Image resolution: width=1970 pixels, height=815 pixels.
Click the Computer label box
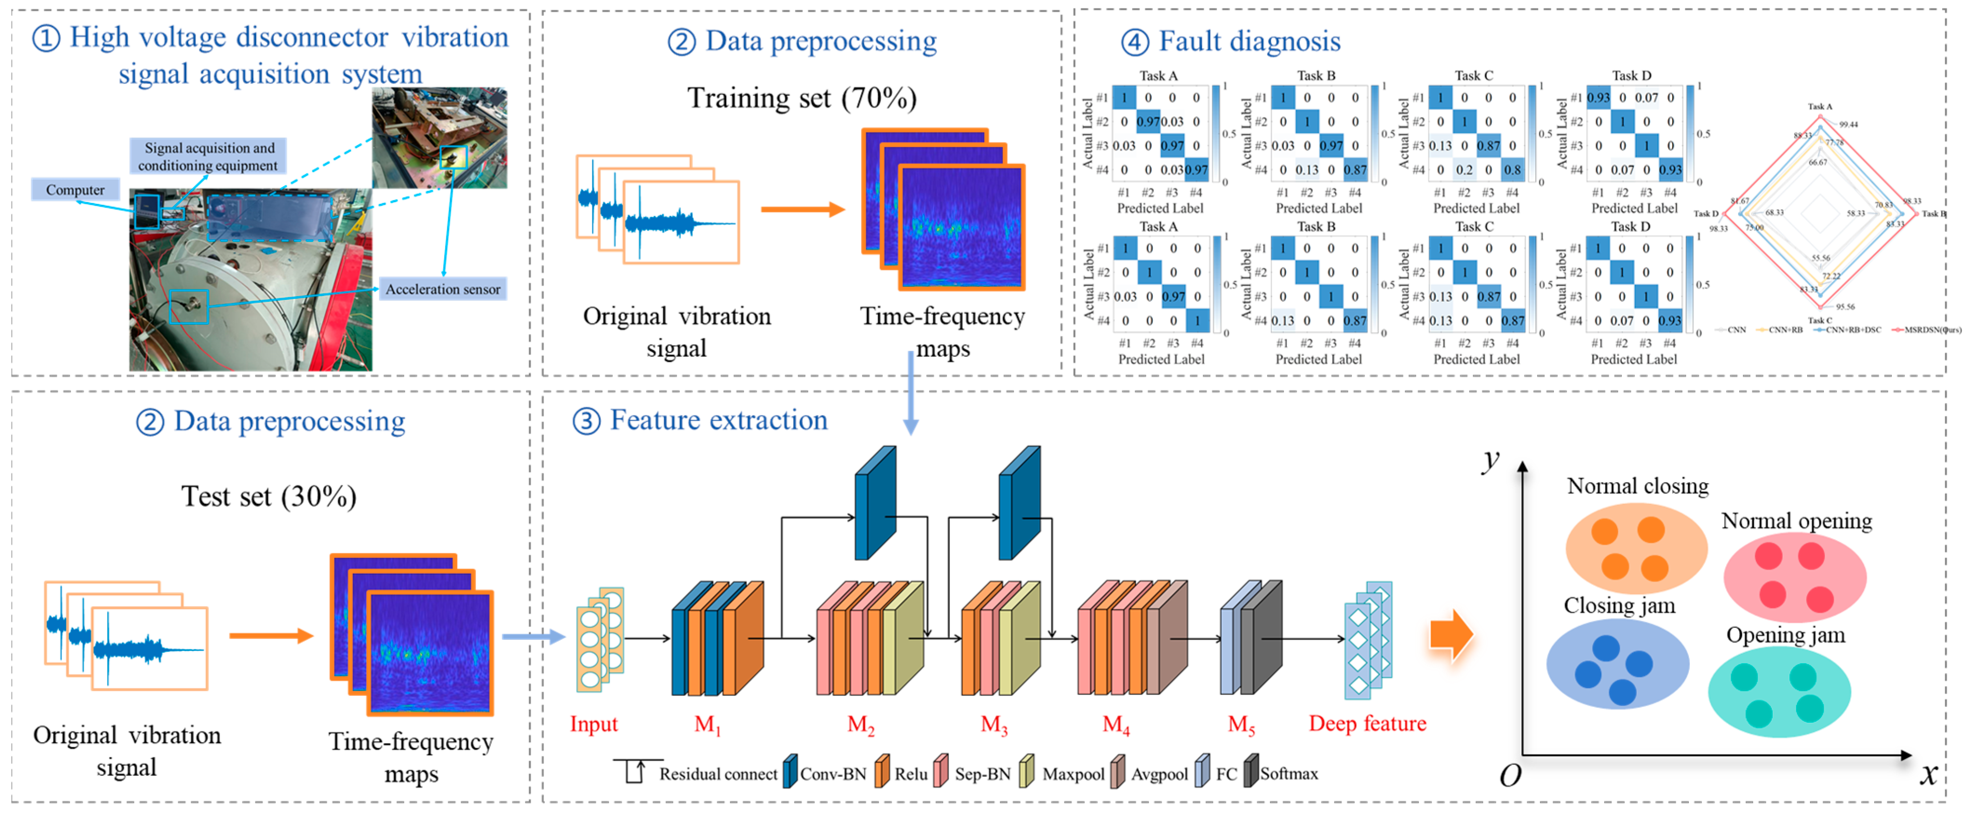click(75, 189)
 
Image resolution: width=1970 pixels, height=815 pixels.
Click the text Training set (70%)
click(801, 98)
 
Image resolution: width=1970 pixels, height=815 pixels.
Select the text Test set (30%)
click(269, 496)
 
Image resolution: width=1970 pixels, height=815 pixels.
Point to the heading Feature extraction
click(718, 420)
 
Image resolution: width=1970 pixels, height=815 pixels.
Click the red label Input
click(593, 723)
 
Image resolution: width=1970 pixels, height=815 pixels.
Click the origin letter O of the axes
click(1510, 776)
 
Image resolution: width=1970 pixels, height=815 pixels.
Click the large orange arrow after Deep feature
click(1451, 635)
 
